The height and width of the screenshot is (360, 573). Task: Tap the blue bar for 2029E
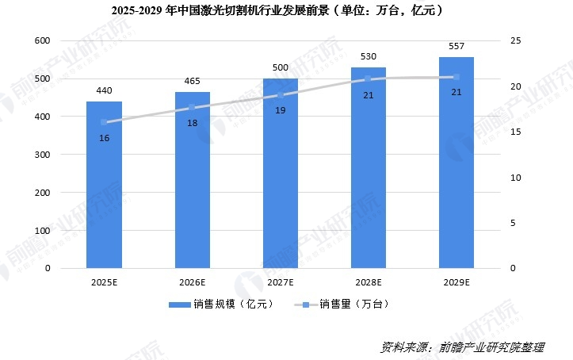click(x=456, y=163)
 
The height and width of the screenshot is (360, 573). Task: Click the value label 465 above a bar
click(x=193, y=82)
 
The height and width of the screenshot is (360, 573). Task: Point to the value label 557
click(x=456, y=47)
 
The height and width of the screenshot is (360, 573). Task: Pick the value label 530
click(x=368, y=57)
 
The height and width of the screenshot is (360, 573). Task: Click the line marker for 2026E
click(x=192, y=108)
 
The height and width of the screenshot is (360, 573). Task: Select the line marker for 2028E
click(x=368, y=79)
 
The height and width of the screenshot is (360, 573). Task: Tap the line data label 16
click(x=104, y=138)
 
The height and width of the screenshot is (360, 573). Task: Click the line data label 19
click(x=281, y=111)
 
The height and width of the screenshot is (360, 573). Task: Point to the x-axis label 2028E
click(x=369, y=282)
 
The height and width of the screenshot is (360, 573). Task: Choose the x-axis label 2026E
click(x=193, y=282)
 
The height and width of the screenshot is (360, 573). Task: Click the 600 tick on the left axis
click(x=42, y=40)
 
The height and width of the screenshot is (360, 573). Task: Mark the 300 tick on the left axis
click(x=42, y=155)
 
